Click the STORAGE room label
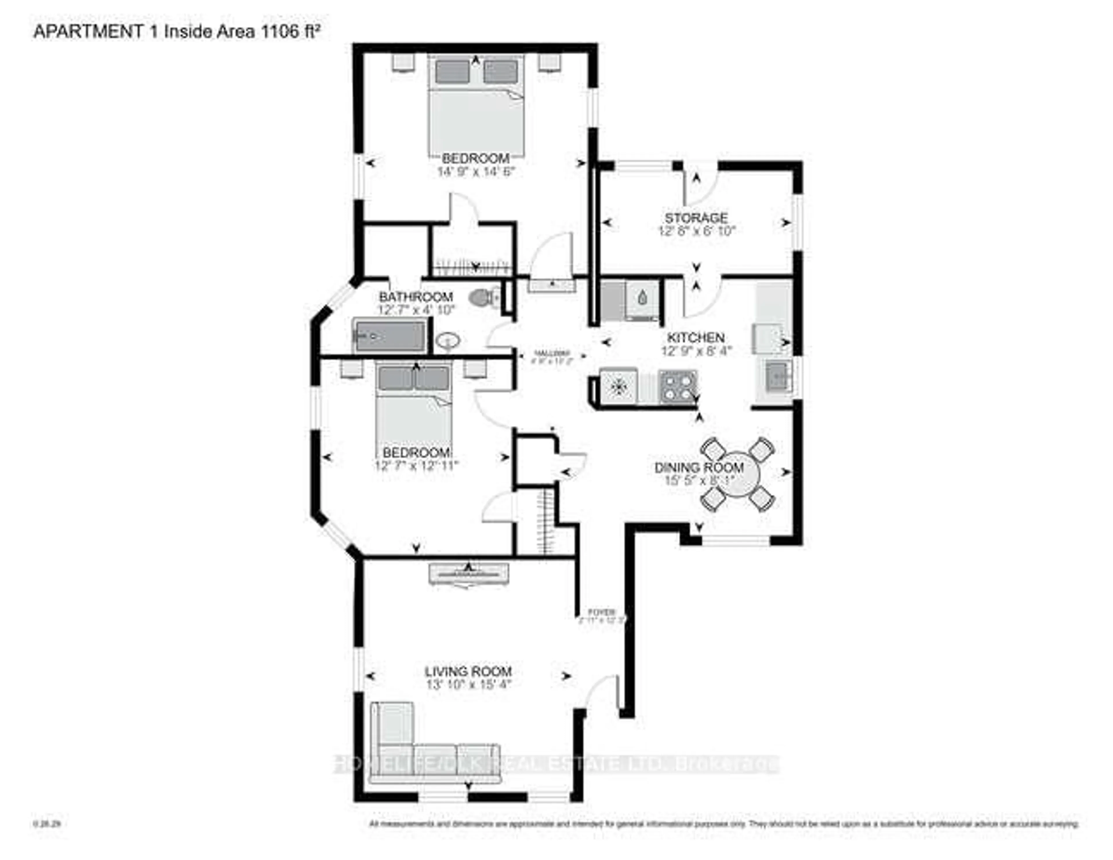(696, 218)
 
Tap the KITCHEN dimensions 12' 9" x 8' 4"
(696, 351)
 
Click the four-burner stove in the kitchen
(677, 386)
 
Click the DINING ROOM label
(699, 467)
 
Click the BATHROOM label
(416, 296)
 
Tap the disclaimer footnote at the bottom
(724, 824)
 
